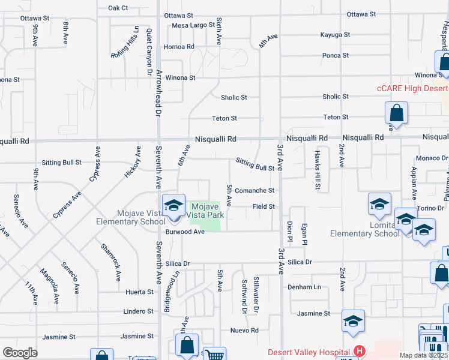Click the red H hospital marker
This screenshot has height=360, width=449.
click(x=360, y=351)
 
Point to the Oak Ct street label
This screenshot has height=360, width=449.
click(x=118, y=8)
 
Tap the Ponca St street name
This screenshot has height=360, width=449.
click(x=336, y=55)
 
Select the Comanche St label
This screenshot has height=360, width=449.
click(x=255, y=191)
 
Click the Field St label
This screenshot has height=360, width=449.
click(x=264, y=206)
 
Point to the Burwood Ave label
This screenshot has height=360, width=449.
click(x=185, y=232)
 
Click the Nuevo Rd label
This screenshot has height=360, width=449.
click(x=244, y=331)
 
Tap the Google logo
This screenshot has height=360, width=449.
click(x=20, y=353)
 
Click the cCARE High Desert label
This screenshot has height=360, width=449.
click(x=409, y=88)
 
